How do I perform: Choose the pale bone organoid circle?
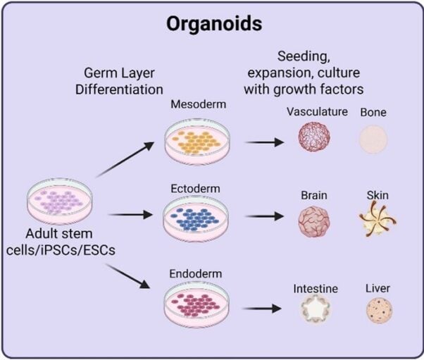coord(373,140)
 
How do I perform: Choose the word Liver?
coord(378,288)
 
